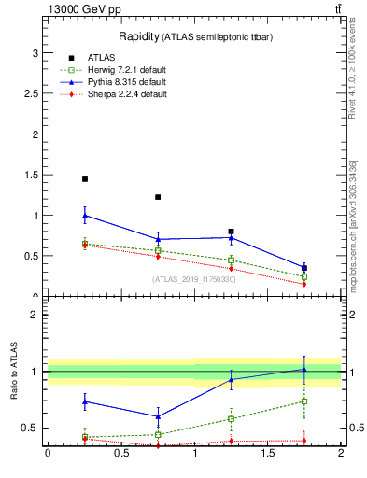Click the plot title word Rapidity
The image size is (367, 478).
pos(138,36)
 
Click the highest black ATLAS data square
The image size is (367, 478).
pos(85,179)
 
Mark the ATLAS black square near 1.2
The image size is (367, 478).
pos(158,197)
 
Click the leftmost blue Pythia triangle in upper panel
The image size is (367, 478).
pos(85,216)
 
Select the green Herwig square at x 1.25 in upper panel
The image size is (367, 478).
pos(231,260)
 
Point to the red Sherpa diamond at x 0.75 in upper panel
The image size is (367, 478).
pos(158,257)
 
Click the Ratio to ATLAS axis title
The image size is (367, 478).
pos(14,372)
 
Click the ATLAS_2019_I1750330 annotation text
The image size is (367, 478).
pos(194,279)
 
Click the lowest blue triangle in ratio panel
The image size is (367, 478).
pos(158,416)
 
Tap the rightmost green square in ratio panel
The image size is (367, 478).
pos(304,401)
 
